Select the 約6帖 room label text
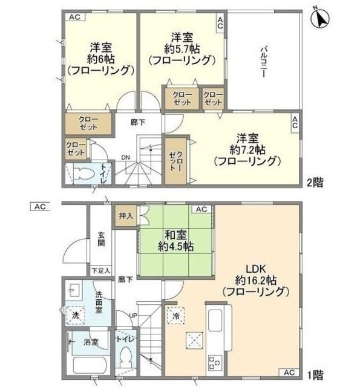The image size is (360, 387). tap(100, 59)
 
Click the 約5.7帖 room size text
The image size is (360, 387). tap(182, 48)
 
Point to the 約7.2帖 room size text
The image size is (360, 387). tap(249, 149)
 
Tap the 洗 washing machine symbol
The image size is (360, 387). tap(75, 315)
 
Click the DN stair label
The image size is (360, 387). tap(125, 158)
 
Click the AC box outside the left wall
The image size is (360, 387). tap(41, 207)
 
